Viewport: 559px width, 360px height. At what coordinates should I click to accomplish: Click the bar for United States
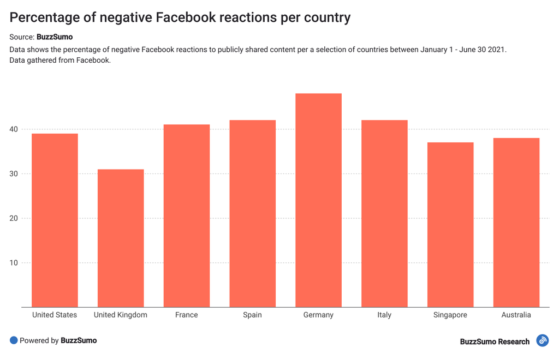(x=55, y=220)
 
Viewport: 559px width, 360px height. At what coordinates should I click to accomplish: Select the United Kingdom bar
(x=121, y=238)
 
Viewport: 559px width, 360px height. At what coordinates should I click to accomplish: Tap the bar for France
(x=187, y=216)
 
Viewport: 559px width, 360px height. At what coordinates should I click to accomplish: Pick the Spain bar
(x=252, y=214)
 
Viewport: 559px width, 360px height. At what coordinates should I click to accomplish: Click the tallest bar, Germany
(x=318, y=200)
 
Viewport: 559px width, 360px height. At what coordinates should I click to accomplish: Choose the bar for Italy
(x=384, y=214)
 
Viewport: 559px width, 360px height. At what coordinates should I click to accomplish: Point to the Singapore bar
(x=450, y=225)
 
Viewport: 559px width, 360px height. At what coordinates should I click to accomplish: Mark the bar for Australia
(x=516, y=223)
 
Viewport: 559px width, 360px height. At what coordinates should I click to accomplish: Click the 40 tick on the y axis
(x=13, y=129)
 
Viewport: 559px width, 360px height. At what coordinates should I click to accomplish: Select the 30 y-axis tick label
(x=13, y=174)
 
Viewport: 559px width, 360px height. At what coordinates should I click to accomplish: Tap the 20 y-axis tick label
(x=13, y=218)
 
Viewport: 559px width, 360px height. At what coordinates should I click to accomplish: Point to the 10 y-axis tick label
(x=13, y=263)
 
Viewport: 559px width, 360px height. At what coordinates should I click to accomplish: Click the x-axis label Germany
(x=318, y=315)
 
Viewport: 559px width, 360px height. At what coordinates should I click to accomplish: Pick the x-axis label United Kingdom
(x=121, y=315)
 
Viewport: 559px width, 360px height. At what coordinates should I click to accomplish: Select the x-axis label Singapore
(x=450, y=315)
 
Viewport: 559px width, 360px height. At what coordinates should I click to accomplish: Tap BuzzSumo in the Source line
(x=55, y=37)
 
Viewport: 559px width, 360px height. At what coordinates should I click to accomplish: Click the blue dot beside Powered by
(x=14, y=340)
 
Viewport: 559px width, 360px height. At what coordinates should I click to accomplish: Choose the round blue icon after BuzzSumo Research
(x=542, y=341)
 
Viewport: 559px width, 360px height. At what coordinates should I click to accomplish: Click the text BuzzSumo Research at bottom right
(x=495, y=341)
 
